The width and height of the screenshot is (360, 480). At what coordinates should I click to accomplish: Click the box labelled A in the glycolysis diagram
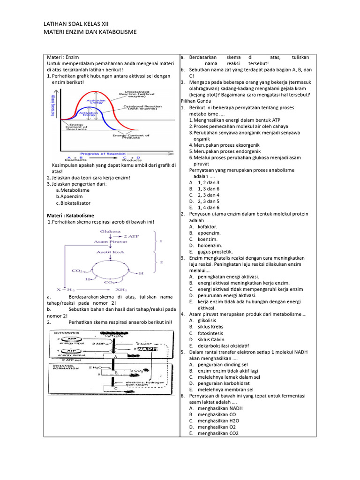point(114,356)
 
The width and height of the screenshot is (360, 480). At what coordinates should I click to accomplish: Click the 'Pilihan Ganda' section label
point(196,101)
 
